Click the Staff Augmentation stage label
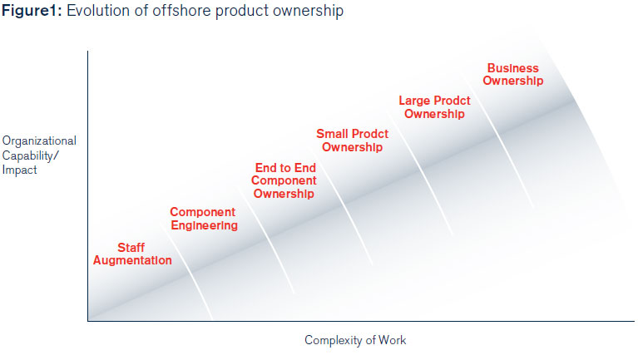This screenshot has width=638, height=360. click(132, 254)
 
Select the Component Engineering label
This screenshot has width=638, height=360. click(204, 219)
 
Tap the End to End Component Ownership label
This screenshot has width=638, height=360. click(284, 180)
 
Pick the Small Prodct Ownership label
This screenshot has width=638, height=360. click(353, 141)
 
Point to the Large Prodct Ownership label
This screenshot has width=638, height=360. click(434, 107)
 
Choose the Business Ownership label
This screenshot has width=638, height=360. click(513, 75)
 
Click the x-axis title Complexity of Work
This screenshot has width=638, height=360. click(355, 340)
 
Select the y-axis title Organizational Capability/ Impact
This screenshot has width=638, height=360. click(39, 155)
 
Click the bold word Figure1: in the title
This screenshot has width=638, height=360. click(32, 11)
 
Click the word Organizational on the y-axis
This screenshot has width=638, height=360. click(39, 141)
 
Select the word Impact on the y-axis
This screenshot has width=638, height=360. click(19, 170)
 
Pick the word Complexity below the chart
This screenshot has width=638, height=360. click(334, 340)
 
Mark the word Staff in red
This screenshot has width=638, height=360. click(131, 247)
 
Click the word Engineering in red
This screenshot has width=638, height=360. click(205, 226)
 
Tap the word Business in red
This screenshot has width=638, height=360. click(513, 68)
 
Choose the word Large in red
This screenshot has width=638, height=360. click(413, 101)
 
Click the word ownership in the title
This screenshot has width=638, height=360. click(308, 12)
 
